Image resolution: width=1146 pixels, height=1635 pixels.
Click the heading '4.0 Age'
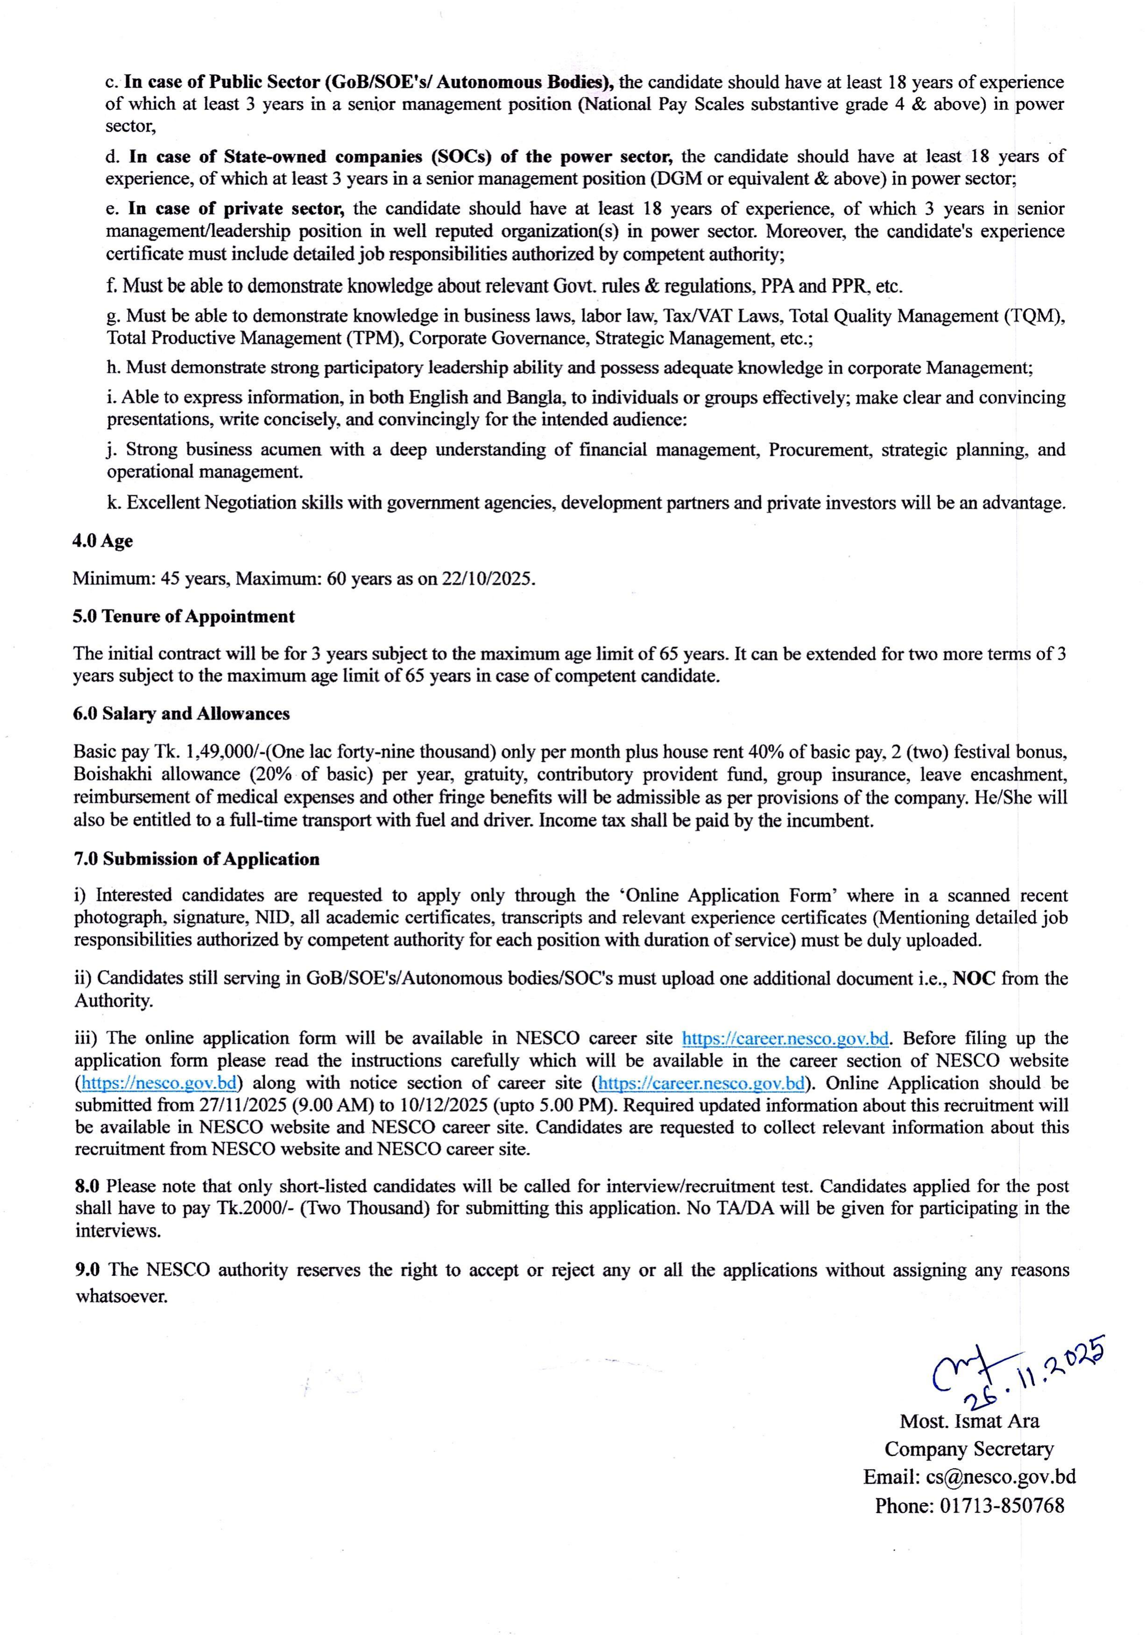click(x=103, y=541)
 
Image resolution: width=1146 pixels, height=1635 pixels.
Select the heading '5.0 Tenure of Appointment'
click(x=183, y=616)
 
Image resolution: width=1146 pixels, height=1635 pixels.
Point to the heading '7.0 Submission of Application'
click(x=197, y=859)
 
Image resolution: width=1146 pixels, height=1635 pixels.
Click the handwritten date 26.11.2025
click(x=1032, y=1380)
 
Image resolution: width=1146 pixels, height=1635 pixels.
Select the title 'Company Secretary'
click(x=969, y=1449)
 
